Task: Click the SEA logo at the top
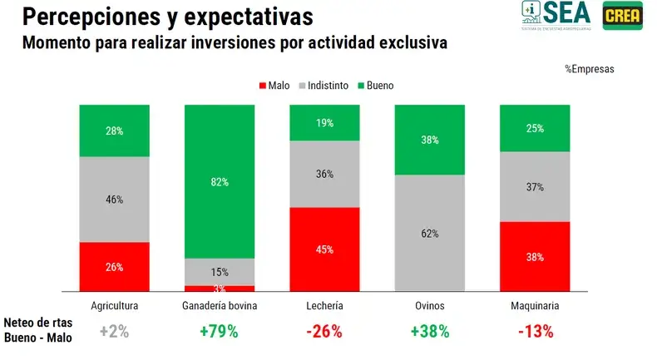point(556,14)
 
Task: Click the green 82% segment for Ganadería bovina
point(220,181)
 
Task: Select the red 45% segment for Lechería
point(324,249)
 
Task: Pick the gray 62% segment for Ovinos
point(429,233)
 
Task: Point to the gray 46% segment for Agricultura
point(115,200)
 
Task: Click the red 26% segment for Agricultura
point(115,267)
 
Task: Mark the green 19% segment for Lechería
point(324,123)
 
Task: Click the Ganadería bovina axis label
point(220,306)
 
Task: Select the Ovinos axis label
point(429,306)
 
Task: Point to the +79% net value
point(220,331)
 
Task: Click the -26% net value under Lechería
point(324,331)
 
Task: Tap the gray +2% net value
point(115,331)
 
